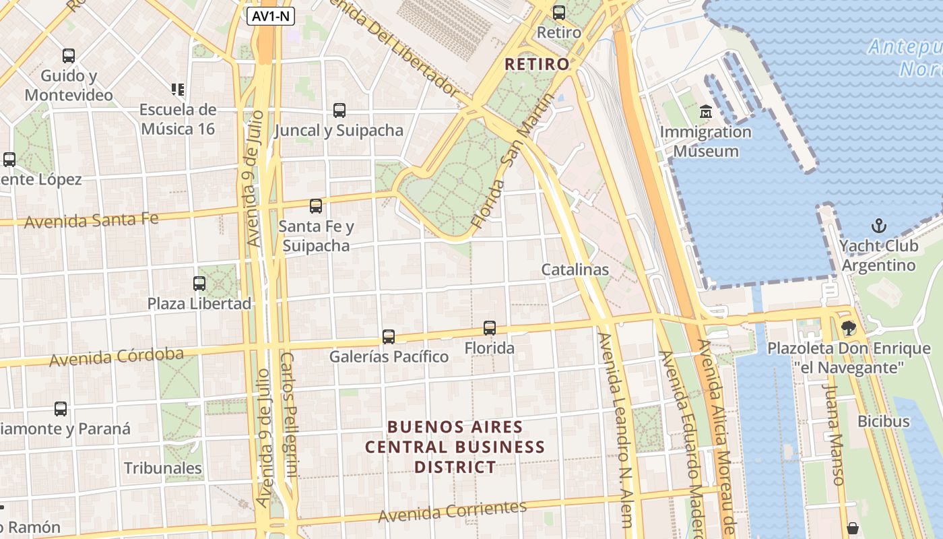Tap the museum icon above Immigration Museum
tap(705, 110)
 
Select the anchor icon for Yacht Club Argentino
tap(878, 226)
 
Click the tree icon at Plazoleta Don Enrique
tap(848, 328)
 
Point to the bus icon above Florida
tap(490, 328)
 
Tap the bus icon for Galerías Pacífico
tap(389, 336)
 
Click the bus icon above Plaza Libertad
tap(199, 284)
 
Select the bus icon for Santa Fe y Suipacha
tap(315, 206)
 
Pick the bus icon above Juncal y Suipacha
tap(339, 110)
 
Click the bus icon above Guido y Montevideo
tap(68, 56)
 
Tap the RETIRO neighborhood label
tap(537, 64)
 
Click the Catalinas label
tap(575, 269)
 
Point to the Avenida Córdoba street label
tap(117, 356)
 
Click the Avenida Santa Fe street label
tap(92, 220)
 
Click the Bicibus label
tap(883, 422)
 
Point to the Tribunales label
tap(163, 468)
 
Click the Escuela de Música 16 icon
tap(178, 89)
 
